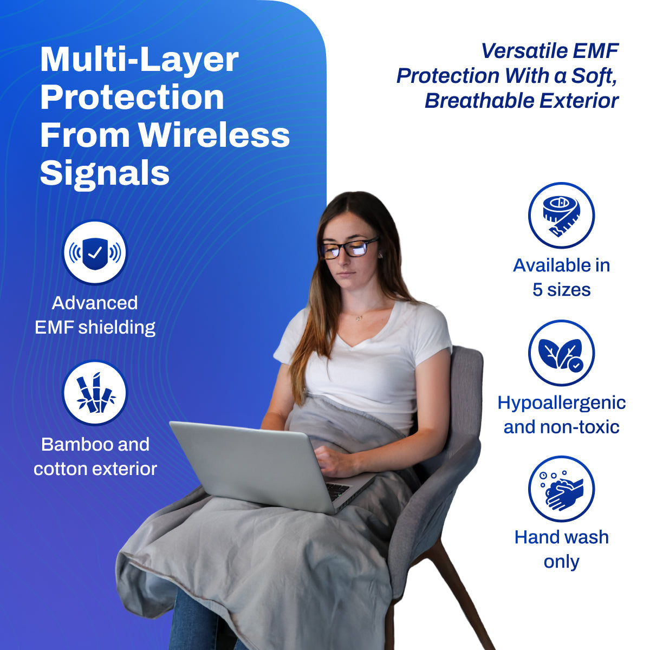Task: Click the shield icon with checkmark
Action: (95, 252)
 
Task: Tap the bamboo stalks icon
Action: (95, 393)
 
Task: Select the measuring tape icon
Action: (561, 216)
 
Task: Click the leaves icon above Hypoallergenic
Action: (561, 353)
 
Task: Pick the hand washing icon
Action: (561, 489)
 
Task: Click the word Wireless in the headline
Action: (214, 135)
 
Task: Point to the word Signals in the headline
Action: (105, 173)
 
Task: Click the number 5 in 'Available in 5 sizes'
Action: (537, 290)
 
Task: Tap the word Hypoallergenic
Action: (561, 403)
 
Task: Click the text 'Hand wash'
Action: (561, 537)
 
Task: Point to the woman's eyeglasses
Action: (349, 248)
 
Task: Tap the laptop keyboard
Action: (337, 490)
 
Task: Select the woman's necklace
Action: (359, 318)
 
